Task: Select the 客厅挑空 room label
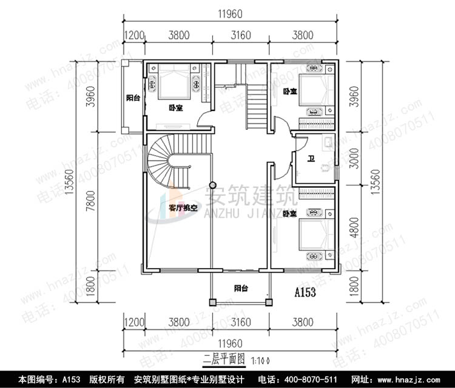point(183,208)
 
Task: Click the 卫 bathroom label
point(311,160)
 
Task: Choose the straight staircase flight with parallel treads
point(257,105)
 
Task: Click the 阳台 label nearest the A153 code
point(242,289)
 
